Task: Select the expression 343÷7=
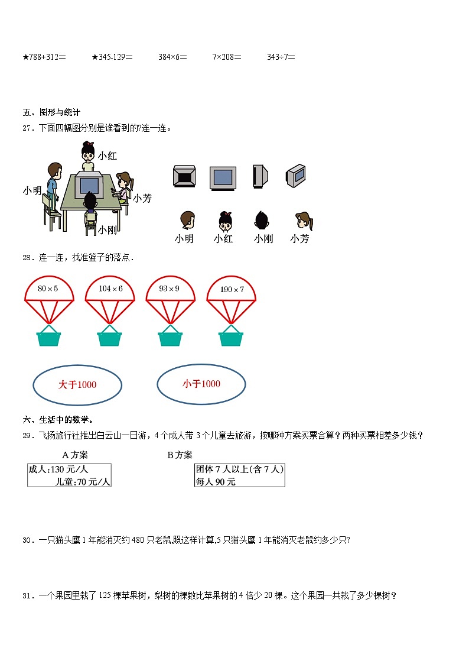281,57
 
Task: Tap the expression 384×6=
172,57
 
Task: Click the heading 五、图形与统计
51,112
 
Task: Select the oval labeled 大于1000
77,385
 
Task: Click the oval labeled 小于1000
201,384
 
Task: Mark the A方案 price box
69,475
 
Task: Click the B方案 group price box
239,475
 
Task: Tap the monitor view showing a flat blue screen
223,177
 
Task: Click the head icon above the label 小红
224,221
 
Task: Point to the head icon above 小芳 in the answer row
302,221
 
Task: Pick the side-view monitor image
259,176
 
